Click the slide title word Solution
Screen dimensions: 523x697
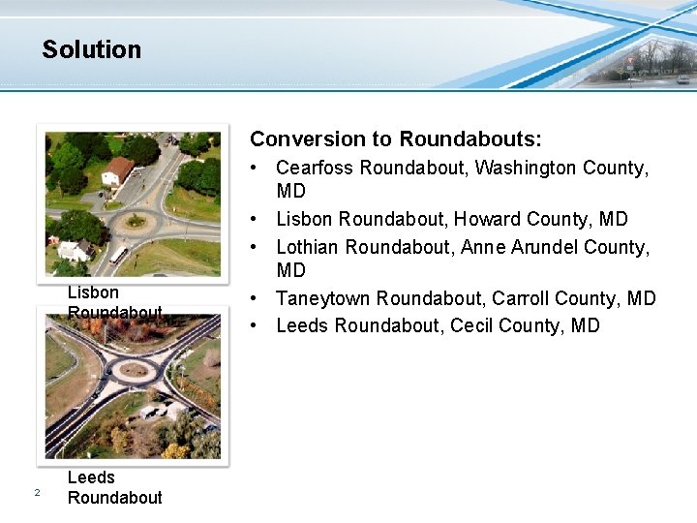point(91,49)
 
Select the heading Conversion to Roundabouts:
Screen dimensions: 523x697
point(396,139)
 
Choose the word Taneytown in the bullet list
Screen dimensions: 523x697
point(323,298)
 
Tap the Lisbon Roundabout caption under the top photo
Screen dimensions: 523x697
point(114,301)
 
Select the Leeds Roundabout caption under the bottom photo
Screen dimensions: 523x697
point(114,487)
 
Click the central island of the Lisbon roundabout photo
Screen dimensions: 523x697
point(135,222)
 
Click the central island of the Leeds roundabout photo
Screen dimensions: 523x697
point(134,370)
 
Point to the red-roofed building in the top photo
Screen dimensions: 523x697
point(117,171)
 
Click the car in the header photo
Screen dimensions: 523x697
point(683,78)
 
